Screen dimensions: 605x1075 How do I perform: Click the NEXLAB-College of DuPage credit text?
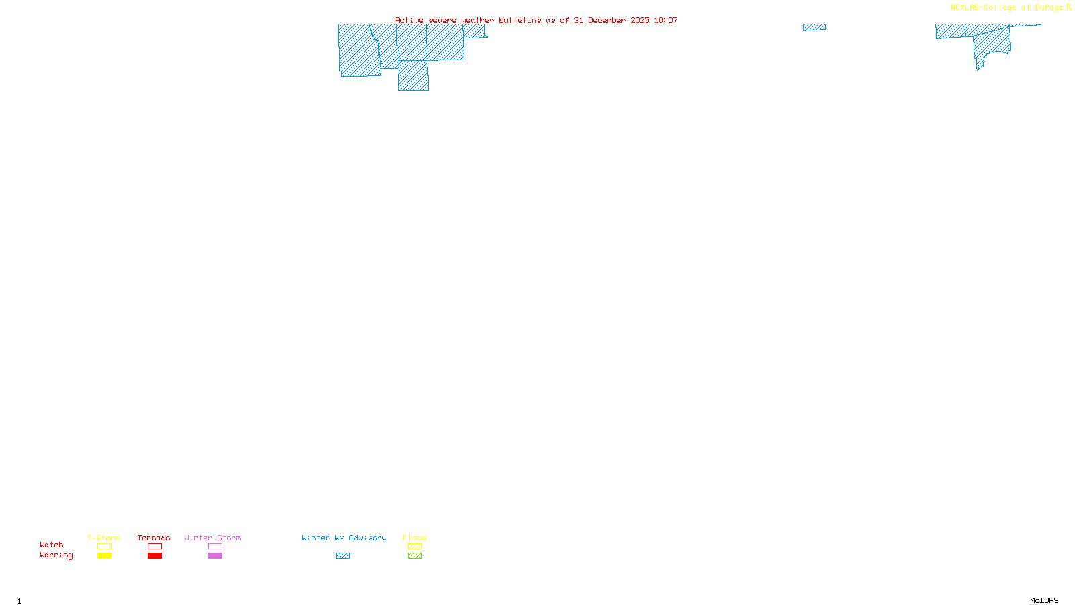(1006, 8)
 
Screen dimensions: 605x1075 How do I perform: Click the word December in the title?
(607, 20)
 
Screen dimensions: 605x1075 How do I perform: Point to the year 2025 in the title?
(640, 20)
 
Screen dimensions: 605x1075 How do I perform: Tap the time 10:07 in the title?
(666, 20)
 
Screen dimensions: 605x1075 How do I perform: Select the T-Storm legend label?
(103, 538)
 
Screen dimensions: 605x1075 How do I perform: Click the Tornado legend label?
(154, 538)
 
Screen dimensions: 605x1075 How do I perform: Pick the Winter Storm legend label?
(212, 538)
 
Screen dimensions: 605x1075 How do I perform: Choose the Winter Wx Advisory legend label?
(344, 538)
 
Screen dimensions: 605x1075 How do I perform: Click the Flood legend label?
(415, 538)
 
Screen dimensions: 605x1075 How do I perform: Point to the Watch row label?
(52, 544)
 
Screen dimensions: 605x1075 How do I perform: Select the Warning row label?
(56, 555)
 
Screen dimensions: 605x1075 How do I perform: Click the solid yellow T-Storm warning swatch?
(104, 556)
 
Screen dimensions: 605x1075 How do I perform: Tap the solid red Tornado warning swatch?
(155, 556)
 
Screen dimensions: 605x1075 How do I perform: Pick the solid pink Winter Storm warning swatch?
(215, 556)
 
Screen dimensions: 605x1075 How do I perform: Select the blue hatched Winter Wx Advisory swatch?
(343, 556)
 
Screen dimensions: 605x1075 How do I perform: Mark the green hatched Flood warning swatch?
(415, 556)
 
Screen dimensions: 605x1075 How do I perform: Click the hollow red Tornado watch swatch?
(155, 547)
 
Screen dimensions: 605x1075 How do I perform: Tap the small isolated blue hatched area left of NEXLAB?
(814, 28)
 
